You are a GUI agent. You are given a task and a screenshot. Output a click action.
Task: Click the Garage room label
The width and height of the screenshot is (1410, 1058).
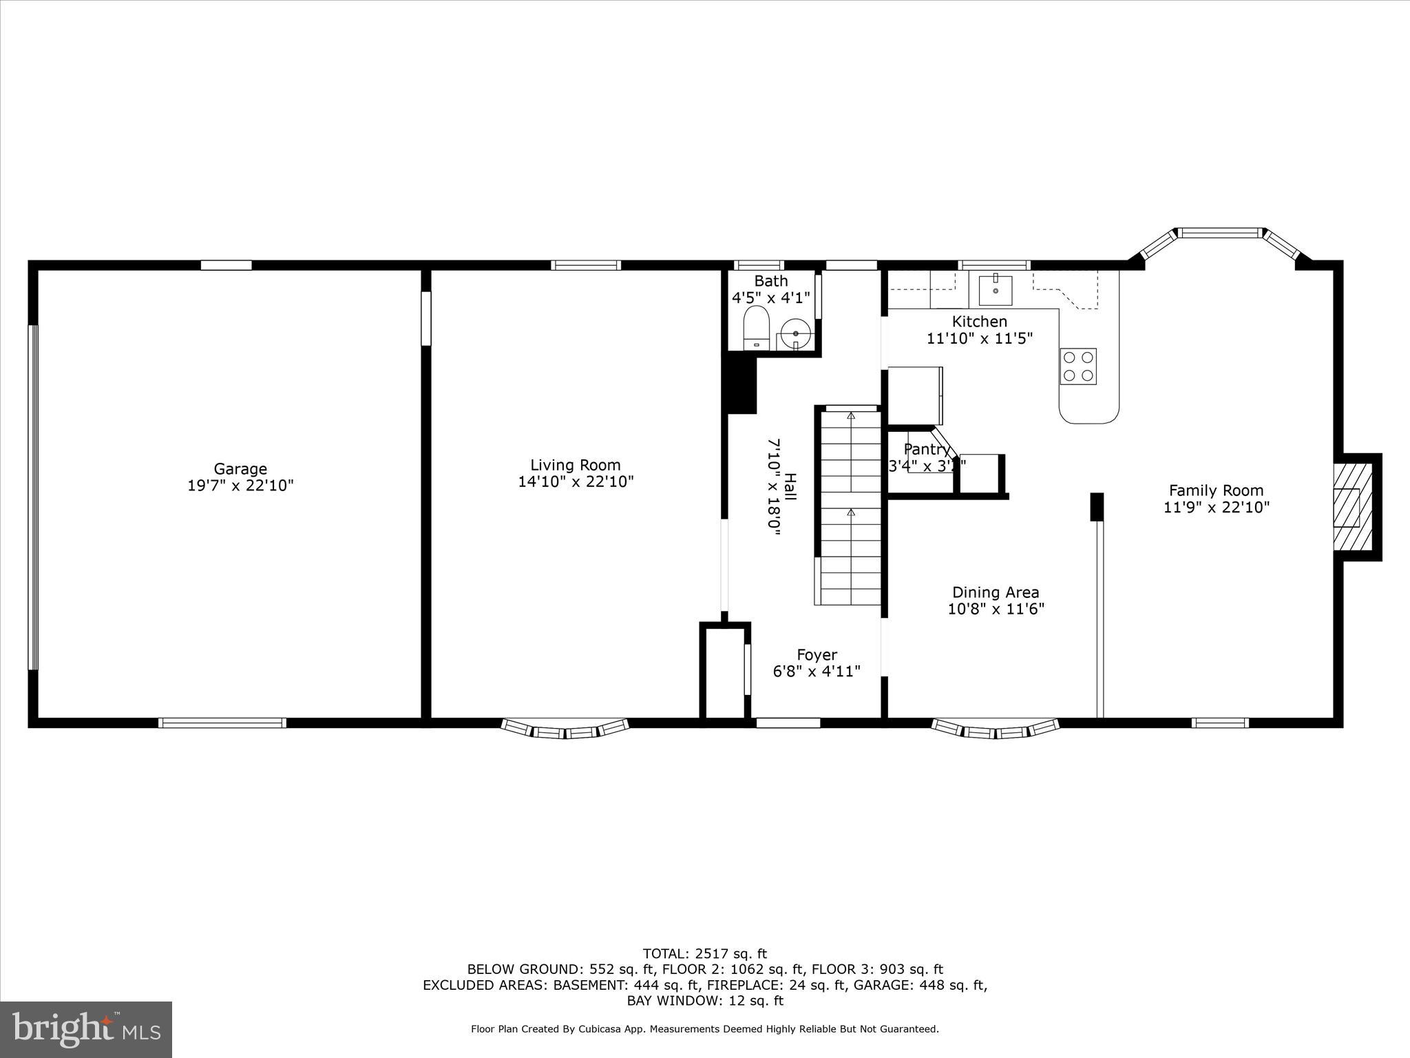240,469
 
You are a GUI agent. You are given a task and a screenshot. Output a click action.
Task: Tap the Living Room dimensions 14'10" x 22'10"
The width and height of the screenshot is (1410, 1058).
576,481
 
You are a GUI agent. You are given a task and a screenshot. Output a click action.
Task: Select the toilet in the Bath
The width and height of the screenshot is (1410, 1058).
756,328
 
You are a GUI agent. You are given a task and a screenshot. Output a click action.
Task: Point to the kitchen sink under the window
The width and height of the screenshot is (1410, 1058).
996,290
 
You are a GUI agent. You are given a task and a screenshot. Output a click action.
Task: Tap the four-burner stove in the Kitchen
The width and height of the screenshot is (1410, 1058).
1077,366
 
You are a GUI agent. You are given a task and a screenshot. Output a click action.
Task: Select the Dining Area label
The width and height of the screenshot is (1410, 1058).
996,592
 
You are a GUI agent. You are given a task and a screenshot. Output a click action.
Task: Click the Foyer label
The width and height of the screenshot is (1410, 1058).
817,655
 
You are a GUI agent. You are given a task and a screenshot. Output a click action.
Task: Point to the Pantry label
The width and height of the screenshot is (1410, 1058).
926,450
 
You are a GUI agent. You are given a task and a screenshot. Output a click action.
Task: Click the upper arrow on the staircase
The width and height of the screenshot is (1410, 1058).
851,416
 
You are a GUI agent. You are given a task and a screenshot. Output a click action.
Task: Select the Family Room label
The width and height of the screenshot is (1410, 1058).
1216,490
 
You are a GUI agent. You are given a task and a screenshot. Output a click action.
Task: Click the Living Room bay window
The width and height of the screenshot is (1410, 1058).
565,730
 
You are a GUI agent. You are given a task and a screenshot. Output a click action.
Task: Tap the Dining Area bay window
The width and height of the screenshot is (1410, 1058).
995,730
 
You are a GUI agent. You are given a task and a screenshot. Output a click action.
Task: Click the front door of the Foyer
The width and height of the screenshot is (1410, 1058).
788,723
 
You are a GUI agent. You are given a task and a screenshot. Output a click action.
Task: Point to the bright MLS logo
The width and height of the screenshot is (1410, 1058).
86,1029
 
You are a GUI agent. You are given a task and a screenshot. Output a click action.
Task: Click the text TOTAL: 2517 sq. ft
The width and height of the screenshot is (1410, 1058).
704,954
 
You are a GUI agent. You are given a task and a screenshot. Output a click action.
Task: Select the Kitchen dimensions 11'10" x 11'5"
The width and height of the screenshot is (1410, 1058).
979,338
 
